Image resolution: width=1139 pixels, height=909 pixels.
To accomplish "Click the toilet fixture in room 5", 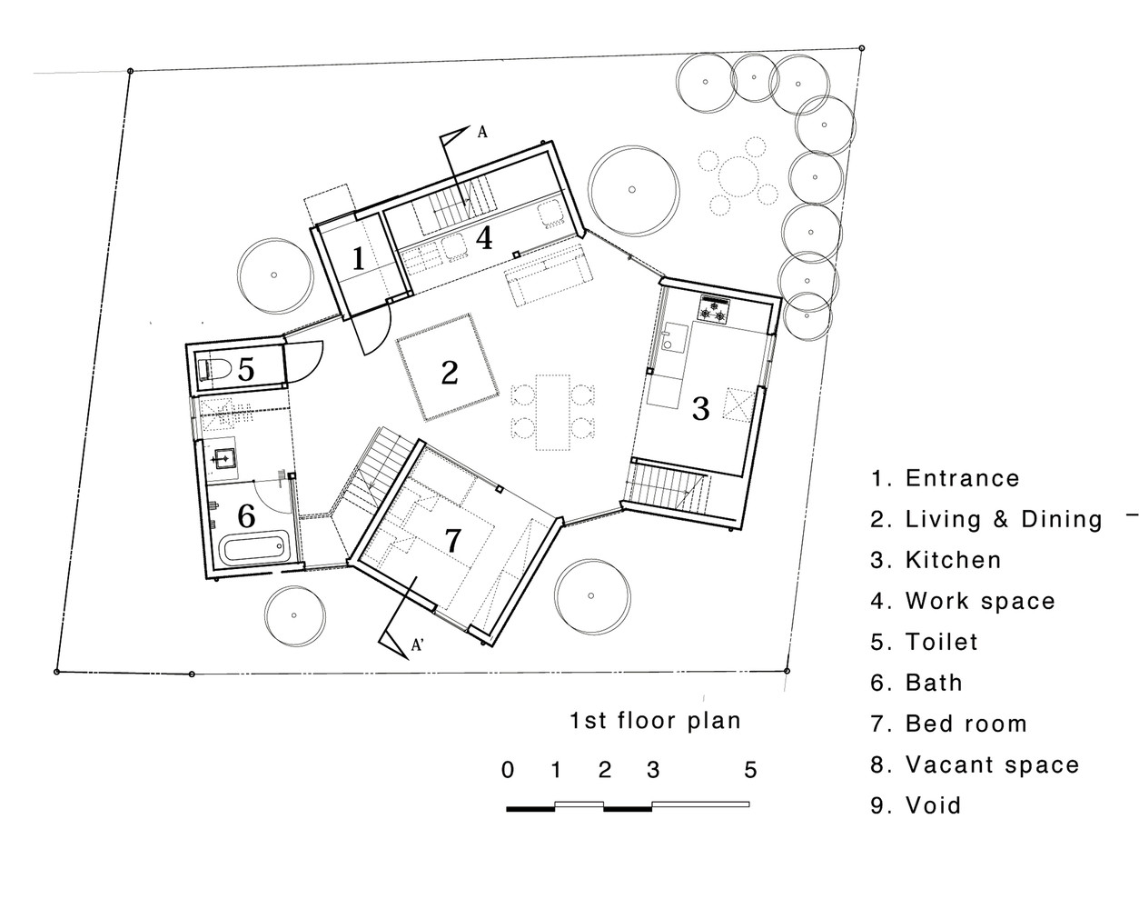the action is click(x=213, y=369).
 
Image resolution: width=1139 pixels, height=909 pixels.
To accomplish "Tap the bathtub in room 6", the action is click(x=255, y=548).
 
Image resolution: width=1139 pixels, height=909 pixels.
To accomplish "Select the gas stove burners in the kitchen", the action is click(x=714, y=309).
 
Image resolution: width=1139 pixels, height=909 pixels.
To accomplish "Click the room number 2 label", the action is click(x=450, y=373).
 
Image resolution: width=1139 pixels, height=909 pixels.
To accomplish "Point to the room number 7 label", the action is click(x=452, y=540).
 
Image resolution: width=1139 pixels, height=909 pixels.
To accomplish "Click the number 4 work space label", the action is click(x=484, y=238).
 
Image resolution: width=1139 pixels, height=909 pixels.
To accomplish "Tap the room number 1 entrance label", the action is click(x=358, y=259).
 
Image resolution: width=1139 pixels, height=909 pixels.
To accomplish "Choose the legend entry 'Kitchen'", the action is click(x=936, y=560).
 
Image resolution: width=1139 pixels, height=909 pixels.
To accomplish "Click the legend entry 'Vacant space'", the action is click(x=975, y=764).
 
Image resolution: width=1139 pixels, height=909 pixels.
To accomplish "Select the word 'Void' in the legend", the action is click(x=933, y=805).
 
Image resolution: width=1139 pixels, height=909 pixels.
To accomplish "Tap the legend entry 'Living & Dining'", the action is click(x=986, y=519).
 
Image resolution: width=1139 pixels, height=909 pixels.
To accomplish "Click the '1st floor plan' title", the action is click(x=655, y=721).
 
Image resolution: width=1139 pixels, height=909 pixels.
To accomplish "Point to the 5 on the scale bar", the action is click(x=750, y=770).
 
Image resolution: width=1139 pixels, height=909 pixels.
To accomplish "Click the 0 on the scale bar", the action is click(x=508, y=770).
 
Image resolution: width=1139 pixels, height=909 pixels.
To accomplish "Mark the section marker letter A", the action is click(x=482, y=132).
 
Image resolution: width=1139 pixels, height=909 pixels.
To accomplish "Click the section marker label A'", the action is click(x=418, y=645).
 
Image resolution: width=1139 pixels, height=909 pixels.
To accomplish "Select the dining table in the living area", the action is click(x=552, y=413).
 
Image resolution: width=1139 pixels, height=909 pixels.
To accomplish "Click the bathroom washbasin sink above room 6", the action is click(x=226, y=457).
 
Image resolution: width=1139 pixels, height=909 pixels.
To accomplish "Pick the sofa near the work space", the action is click(x=548, y=275).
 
